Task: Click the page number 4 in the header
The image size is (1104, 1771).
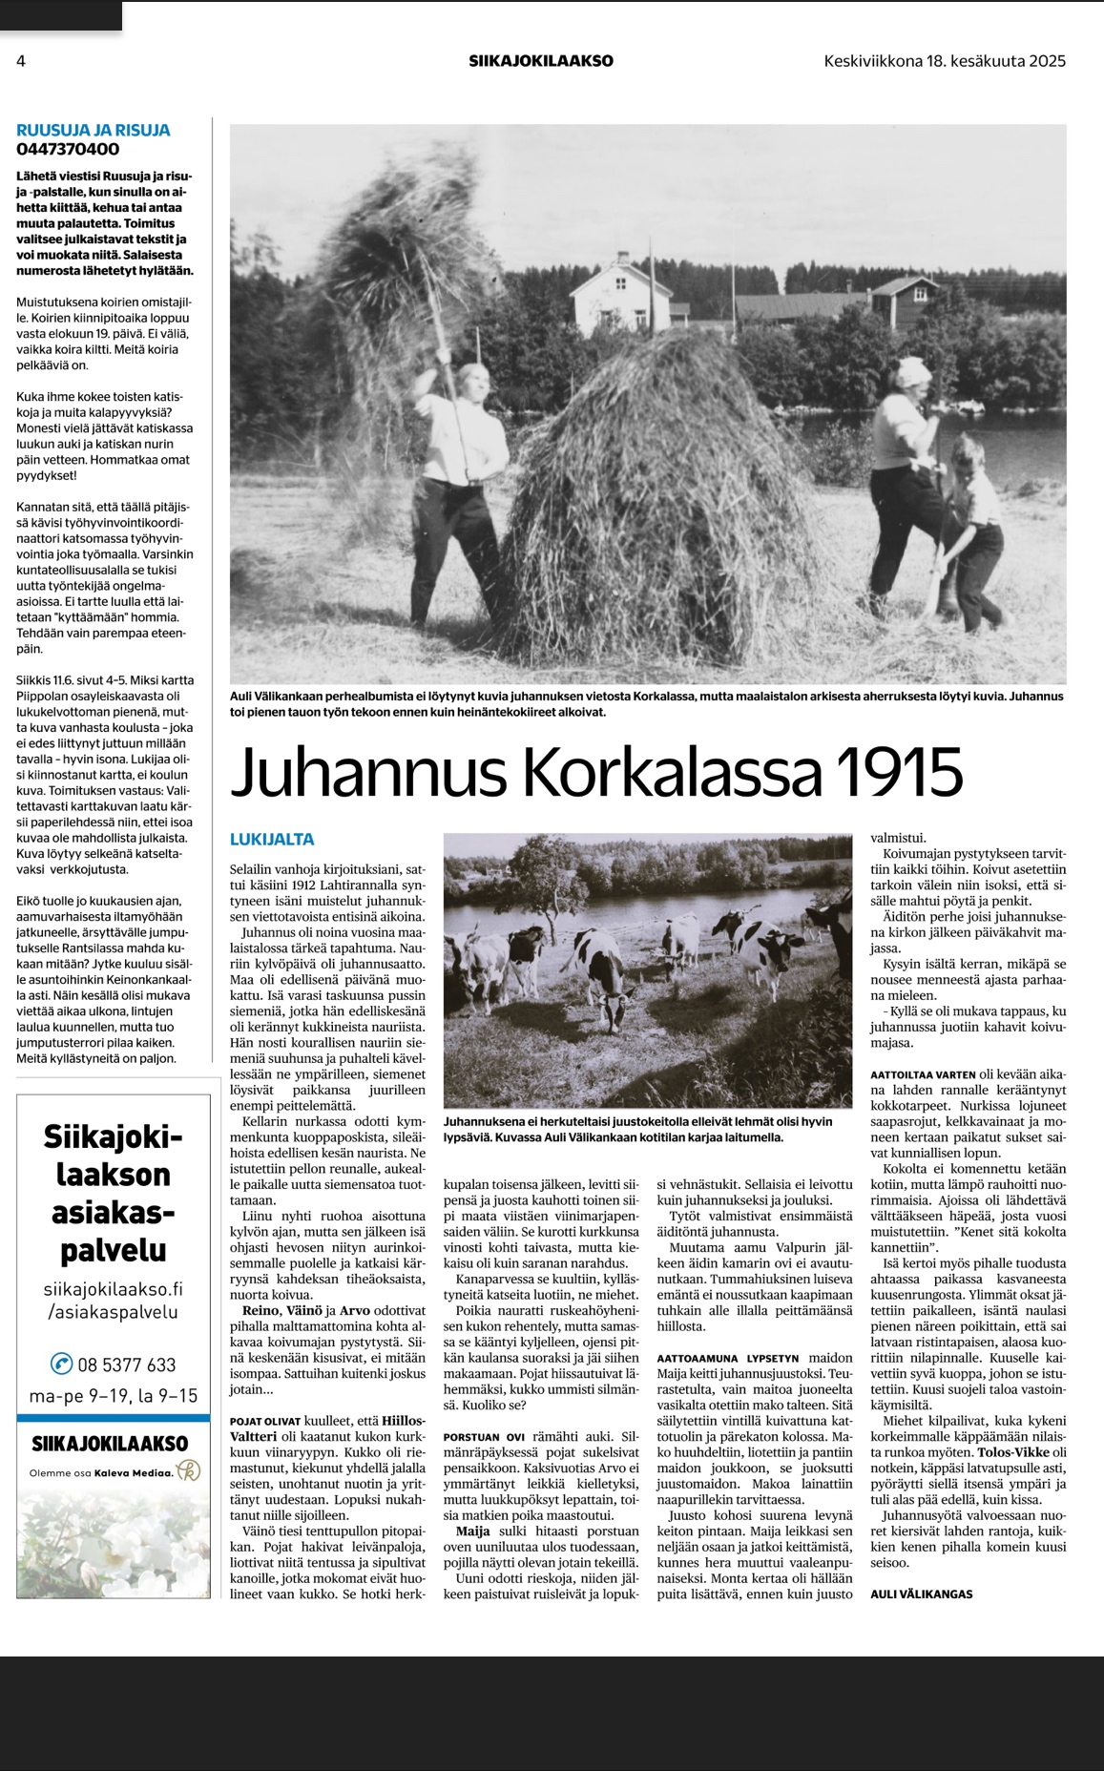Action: (x=21, y=61)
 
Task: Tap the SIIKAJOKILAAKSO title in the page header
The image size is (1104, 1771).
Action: (x=541, y=61)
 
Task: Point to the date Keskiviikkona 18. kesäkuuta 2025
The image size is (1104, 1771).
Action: (x=945, y=61)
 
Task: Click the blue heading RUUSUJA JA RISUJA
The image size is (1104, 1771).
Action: (x=94, y=130)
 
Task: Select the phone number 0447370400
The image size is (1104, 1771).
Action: (x=68, y=149)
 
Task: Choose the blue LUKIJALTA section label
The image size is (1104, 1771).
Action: (x=272, y=840)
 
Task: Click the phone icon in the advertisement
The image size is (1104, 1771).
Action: (x=62, y=1364)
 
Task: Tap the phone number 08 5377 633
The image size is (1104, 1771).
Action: (x=127, y=1365)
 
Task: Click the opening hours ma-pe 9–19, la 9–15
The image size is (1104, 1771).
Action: (x=113, y=1396)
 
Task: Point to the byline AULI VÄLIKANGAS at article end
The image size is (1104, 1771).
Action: (x=921, y=1594)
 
